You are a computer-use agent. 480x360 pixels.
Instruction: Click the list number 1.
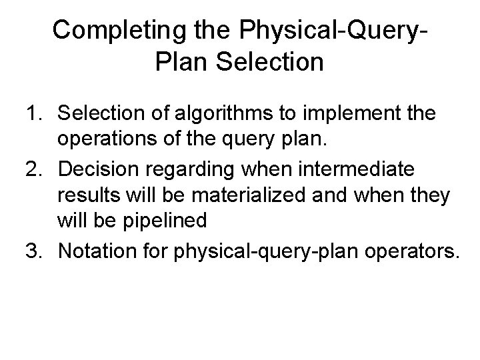(x=33, y=115)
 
